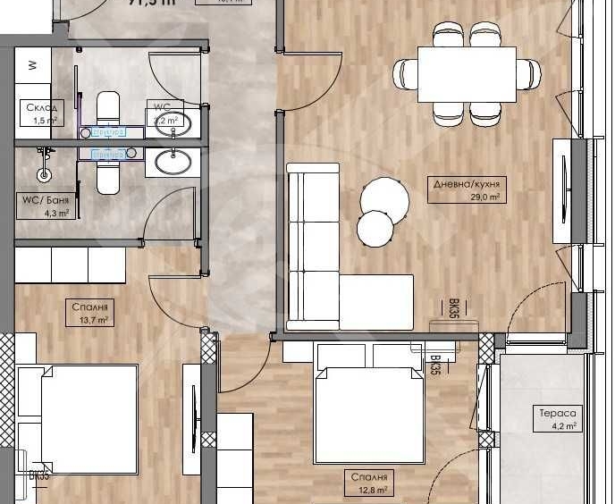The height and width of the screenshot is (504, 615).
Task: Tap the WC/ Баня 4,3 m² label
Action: pyautogui.click(x=45, y=206)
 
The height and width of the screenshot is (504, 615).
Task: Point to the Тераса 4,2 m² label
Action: pyautogui.click(x=559, y=419)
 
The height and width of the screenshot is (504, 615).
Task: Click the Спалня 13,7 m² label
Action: pyautogui.click(x=90, y=313)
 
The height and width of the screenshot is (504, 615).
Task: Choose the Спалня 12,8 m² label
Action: pyautogui.click(x=369, y=483)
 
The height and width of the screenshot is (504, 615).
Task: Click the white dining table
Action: pyautogui.click(x=467, y=73)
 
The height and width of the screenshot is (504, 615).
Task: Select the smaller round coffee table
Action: pyautogui.click(x=375, y=229)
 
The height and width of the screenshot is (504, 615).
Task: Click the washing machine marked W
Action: pyautogui.click(x=33, y=65)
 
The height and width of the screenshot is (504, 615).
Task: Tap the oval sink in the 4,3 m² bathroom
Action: pyautogui.click(x=172, y=163)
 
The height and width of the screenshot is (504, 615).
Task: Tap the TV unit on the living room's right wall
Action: pyautogui.click(x=561, y=189)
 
